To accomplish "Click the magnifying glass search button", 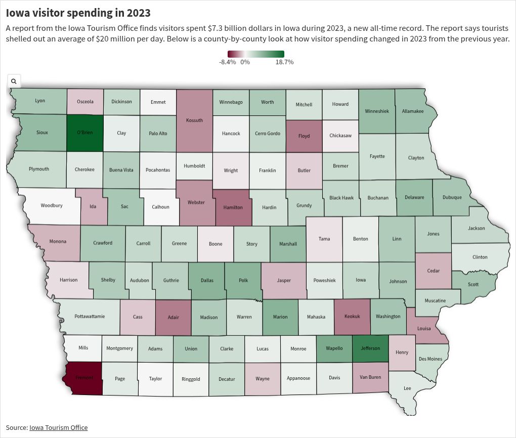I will pyautogui.click(x=14, y=81).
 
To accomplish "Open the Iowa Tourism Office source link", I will pyautogui.click(x=58, y=427).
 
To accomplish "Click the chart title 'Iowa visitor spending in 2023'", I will pyautogui.click(x=78, y=13).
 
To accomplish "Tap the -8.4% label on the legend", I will pyautogui.click(x=227, y=62).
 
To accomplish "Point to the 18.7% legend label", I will pyautogui.click(x=284, y=62).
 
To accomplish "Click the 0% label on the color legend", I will pyautogui.click(x=245, y=62).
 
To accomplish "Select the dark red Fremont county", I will pyautogui.click(x=84, y=378).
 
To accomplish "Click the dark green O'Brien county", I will pyautogui.click(x=85, y=133).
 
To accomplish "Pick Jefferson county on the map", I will pyautogui.click(x=370, y=348).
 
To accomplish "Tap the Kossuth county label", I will pyautogui.click(x=194, y=120).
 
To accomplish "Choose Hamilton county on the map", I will pyautogui.click(x=233, y=207).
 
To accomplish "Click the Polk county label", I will pyautogui.click(x=243, y=280).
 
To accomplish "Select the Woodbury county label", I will pyautogui.click(x=52, y=206).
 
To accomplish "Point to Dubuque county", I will pyautogui.click(x=452, y=197).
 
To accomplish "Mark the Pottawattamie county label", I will pyautogui.click(x=90, y=316).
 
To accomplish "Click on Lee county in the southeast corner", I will pyautogui.click(x=407, y=388).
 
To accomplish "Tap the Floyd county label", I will pyautogui.click(x=304, y=136).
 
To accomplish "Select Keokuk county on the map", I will pyautogui.click(x=352, y=316).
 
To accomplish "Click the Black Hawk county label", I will pyautogui.click(x=341, y=198).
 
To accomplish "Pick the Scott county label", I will pyautogui.click(x=473, y=284).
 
